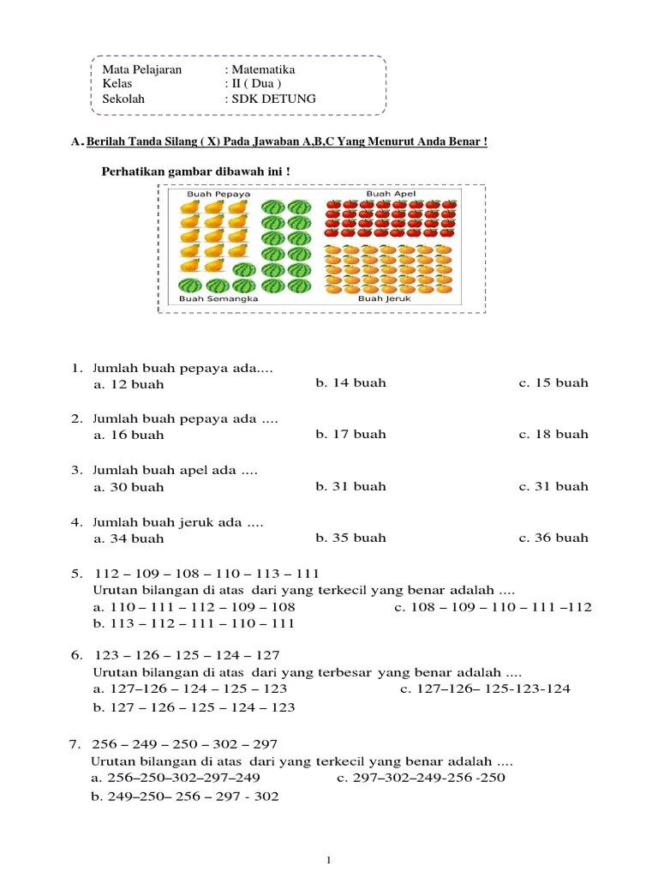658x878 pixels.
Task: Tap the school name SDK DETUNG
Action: coord(273,99)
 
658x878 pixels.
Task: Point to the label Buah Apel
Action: coord(391,195)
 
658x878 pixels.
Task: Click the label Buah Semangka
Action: coord(218,299)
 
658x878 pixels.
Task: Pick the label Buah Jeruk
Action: coord(385,299)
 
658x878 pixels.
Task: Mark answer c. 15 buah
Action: coord(553,383)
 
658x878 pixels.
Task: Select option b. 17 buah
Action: coord(350,434)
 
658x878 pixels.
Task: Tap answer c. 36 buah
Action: coord(553,538)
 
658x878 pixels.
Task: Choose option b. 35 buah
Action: coord(350,538)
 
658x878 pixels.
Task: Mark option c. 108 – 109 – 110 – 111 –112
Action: coord(493,607)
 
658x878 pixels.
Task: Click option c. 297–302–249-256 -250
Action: coord(421,778)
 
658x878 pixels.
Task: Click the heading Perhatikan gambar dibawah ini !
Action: coord(196,171)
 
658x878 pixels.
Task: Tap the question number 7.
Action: coord(74,743)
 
